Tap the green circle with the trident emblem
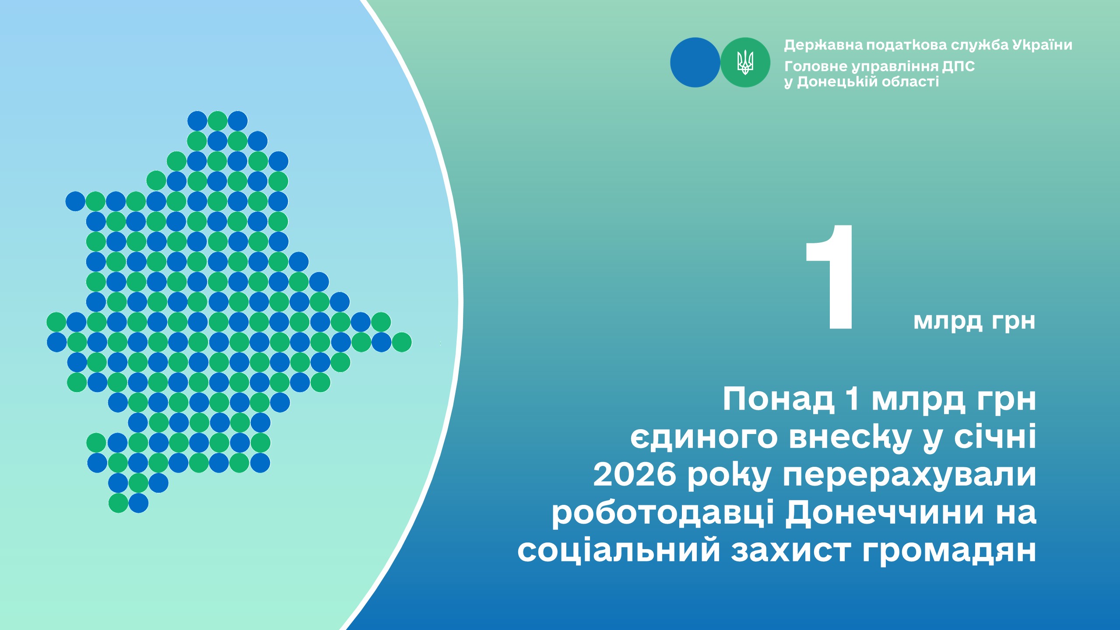point(745,62)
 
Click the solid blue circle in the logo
point(695,62)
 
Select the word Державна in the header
point(823,45)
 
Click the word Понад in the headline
point(779,399)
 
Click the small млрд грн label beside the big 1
point(974,322)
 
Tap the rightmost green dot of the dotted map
point(401,342)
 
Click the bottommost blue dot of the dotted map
point(138,503)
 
